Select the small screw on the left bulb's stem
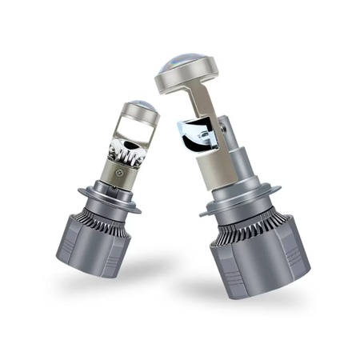(120, 170)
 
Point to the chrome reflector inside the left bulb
(128, 149)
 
